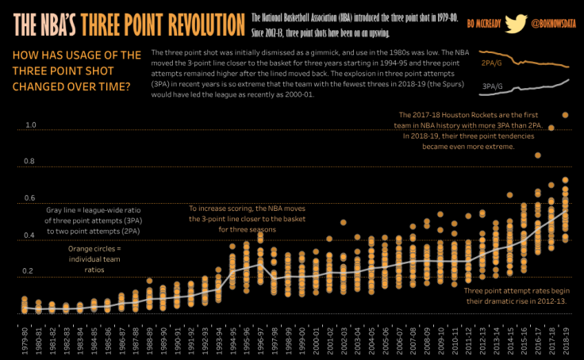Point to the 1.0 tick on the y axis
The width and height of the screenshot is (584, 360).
click(31, 125)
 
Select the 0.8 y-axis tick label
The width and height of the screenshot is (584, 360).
click(31, 162)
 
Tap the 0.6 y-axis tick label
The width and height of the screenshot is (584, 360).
click(31, 198)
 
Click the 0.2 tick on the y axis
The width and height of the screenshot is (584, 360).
click(31, 272)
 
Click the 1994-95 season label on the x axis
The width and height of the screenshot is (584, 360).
click(233, 339)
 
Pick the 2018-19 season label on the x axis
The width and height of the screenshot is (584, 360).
click(566, 339)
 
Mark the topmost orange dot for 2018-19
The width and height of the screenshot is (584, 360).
click(566, 116)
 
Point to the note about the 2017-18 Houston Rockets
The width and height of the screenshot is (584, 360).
click(480, 131)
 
